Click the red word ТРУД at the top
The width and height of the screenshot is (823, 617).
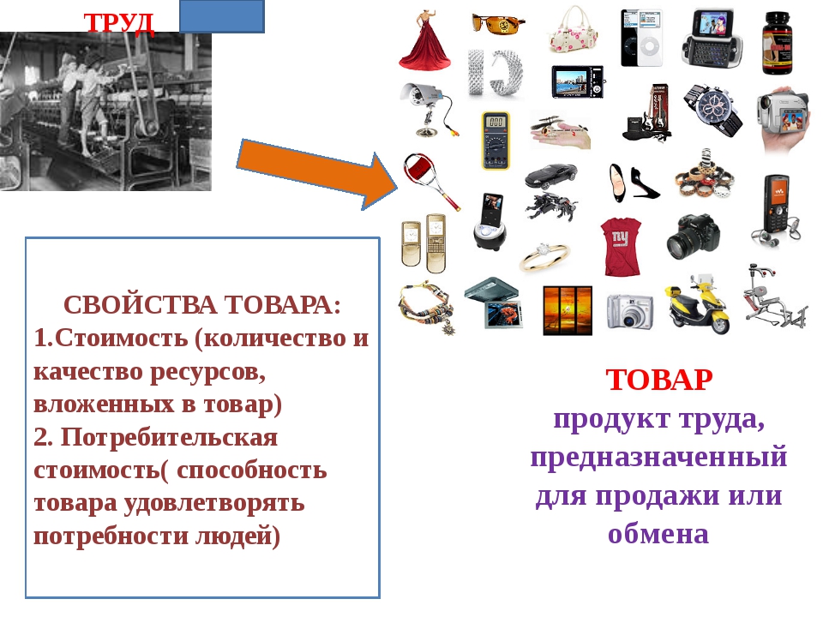(119, 24)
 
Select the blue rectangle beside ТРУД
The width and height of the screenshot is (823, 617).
(222, 15)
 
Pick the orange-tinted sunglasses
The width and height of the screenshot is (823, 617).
(498, 24)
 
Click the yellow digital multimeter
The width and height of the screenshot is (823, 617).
(496, 141)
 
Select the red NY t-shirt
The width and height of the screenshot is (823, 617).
(621, 247)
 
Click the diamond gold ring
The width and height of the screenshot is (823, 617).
(544, 255)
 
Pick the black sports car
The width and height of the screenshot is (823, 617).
(551, 176)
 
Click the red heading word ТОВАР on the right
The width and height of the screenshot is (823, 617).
(659, 380)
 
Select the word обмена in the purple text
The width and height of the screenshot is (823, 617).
(658, 534)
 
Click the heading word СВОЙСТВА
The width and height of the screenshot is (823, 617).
(140, 305)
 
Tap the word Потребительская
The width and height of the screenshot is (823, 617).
(169, 437)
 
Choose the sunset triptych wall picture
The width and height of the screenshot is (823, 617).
(568, 310)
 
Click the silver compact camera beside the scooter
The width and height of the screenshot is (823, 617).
(630, 311)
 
